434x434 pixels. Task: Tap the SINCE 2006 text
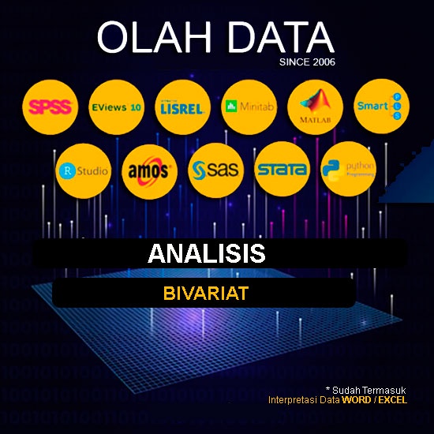[x=307, y=62]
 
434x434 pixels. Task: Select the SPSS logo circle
[x=51, y=107]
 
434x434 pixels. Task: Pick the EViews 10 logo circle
[x=117, y=107]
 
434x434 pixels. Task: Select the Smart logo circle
[x=380, y=107]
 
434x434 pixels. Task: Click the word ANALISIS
[x=206, y=253]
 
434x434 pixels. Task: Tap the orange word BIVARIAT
[x=206, y=294]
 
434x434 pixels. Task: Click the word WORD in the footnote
[x=354, y=400]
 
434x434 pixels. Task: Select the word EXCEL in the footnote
[x=392, y=400]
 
